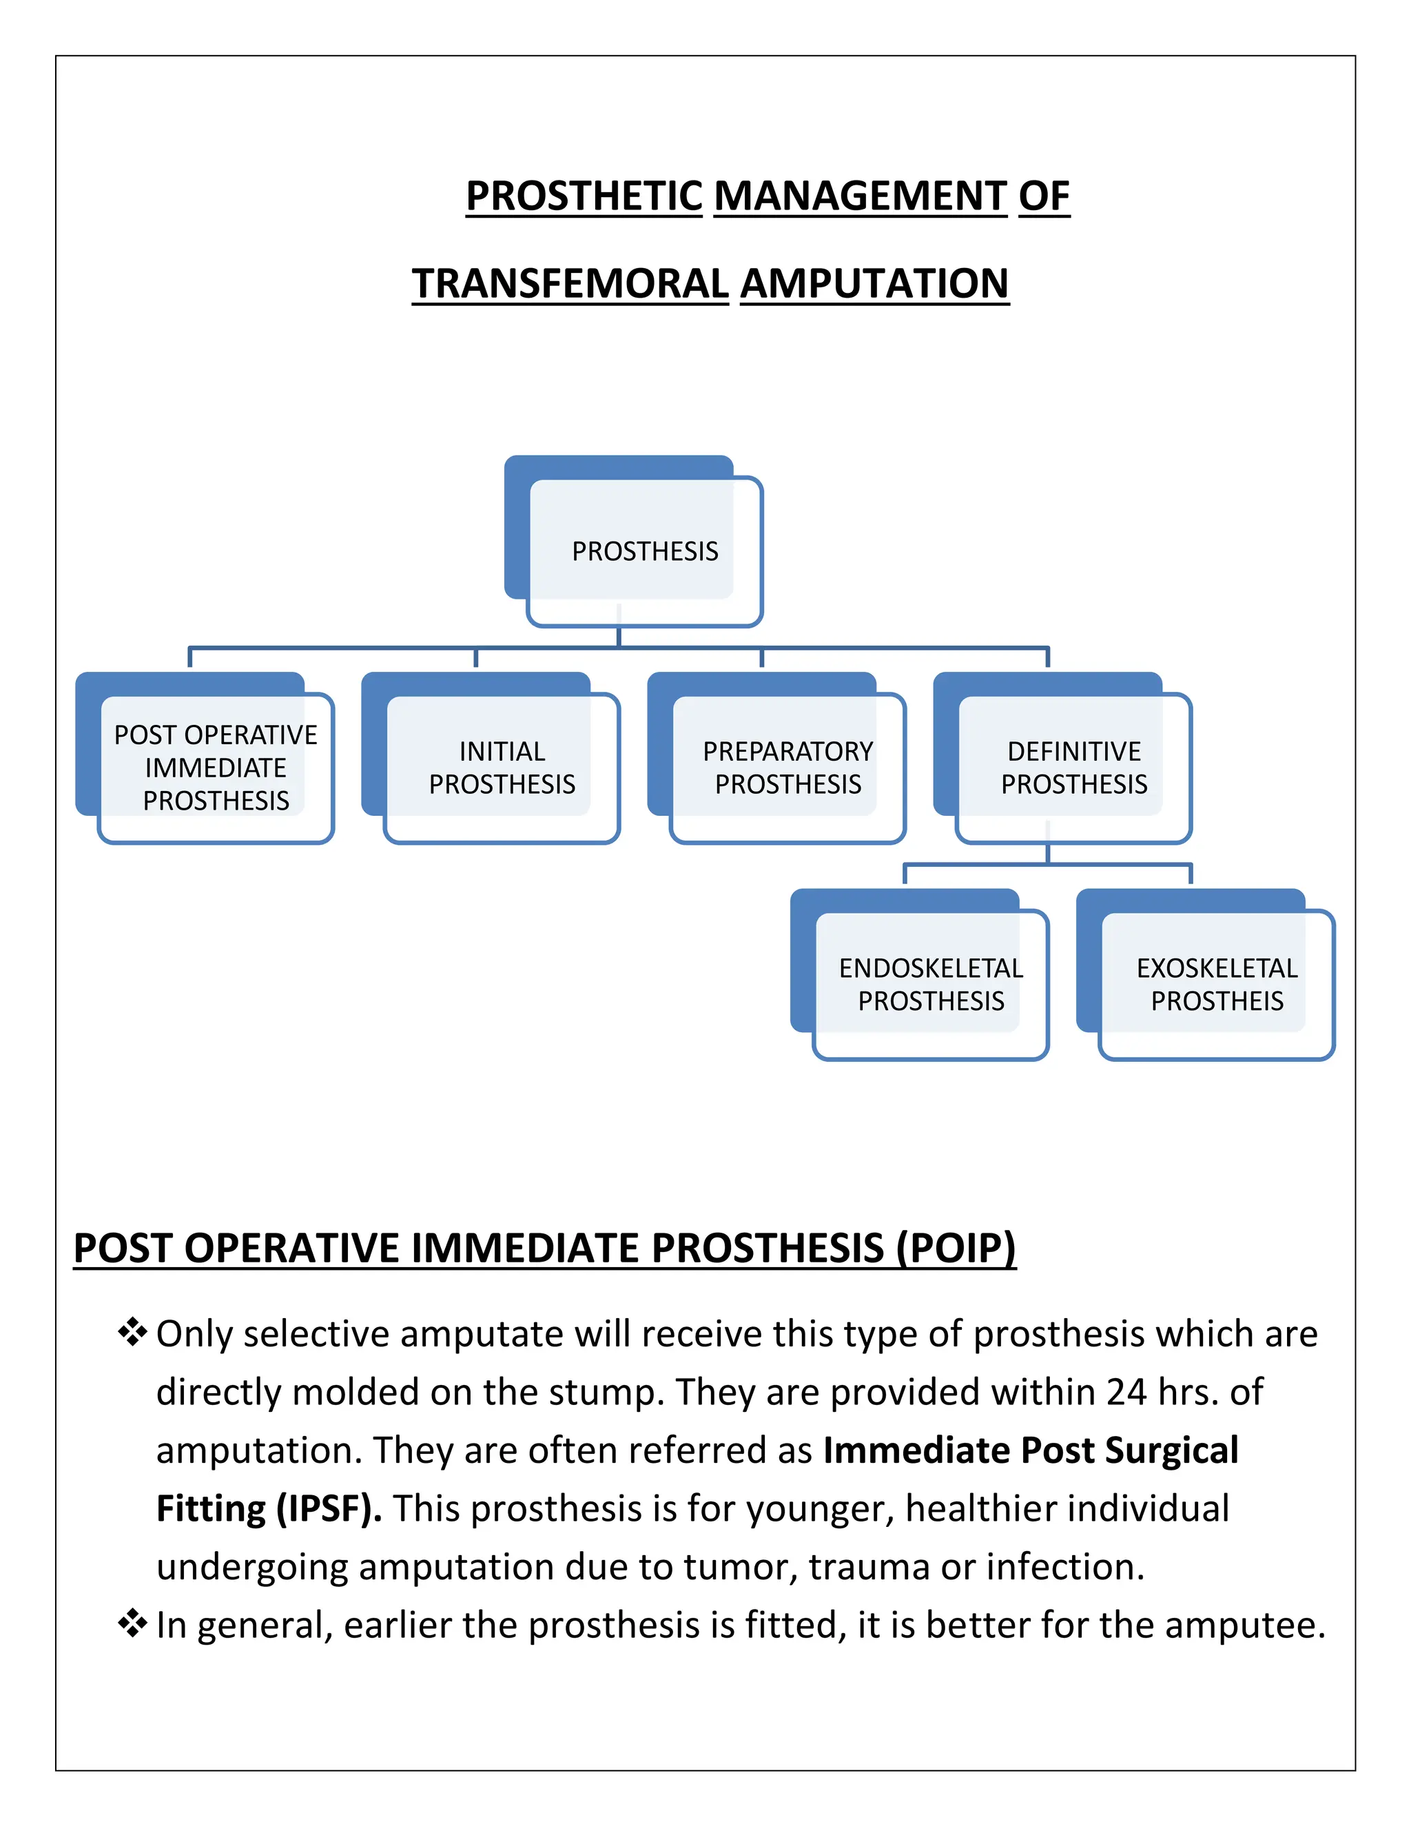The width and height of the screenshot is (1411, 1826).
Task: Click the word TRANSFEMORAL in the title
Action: click(x=570, y=283)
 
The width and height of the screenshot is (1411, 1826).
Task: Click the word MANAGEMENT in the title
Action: click(x=860, y=196)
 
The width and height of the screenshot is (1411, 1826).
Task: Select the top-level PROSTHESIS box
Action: click(x=644, y=551)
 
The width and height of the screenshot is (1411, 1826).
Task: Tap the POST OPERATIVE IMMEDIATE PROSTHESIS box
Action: click(x=216, y=768)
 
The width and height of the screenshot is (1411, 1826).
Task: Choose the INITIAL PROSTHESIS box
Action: click(x=502, y=768)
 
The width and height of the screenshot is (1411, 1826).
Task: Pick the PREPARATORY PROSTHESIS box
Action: click(x=787, y=768)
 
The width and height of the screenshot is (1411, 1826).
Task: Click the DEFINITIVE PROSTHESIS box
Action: click(x=1073, y=768)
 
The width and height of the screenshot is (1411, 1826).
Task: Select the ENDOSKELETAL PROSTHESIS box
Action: click(x=930, y=984)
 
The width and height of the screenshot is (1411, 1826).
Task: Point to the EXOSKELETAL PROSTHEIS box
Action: click(x=1216, y=984)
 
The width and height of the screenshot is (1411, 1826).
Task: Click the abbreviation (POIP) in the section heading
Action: click(x=956, y=1249)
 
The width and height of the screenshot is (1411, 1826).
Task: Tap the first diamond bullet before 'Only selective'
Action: click(x=132, y=1332)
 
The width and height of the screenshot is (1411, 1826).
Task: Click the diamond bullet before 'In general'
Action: click(x=132, y=1623)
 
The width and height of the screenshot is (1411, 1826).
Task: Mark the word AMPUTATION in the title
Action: click(x=874, y=283)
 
